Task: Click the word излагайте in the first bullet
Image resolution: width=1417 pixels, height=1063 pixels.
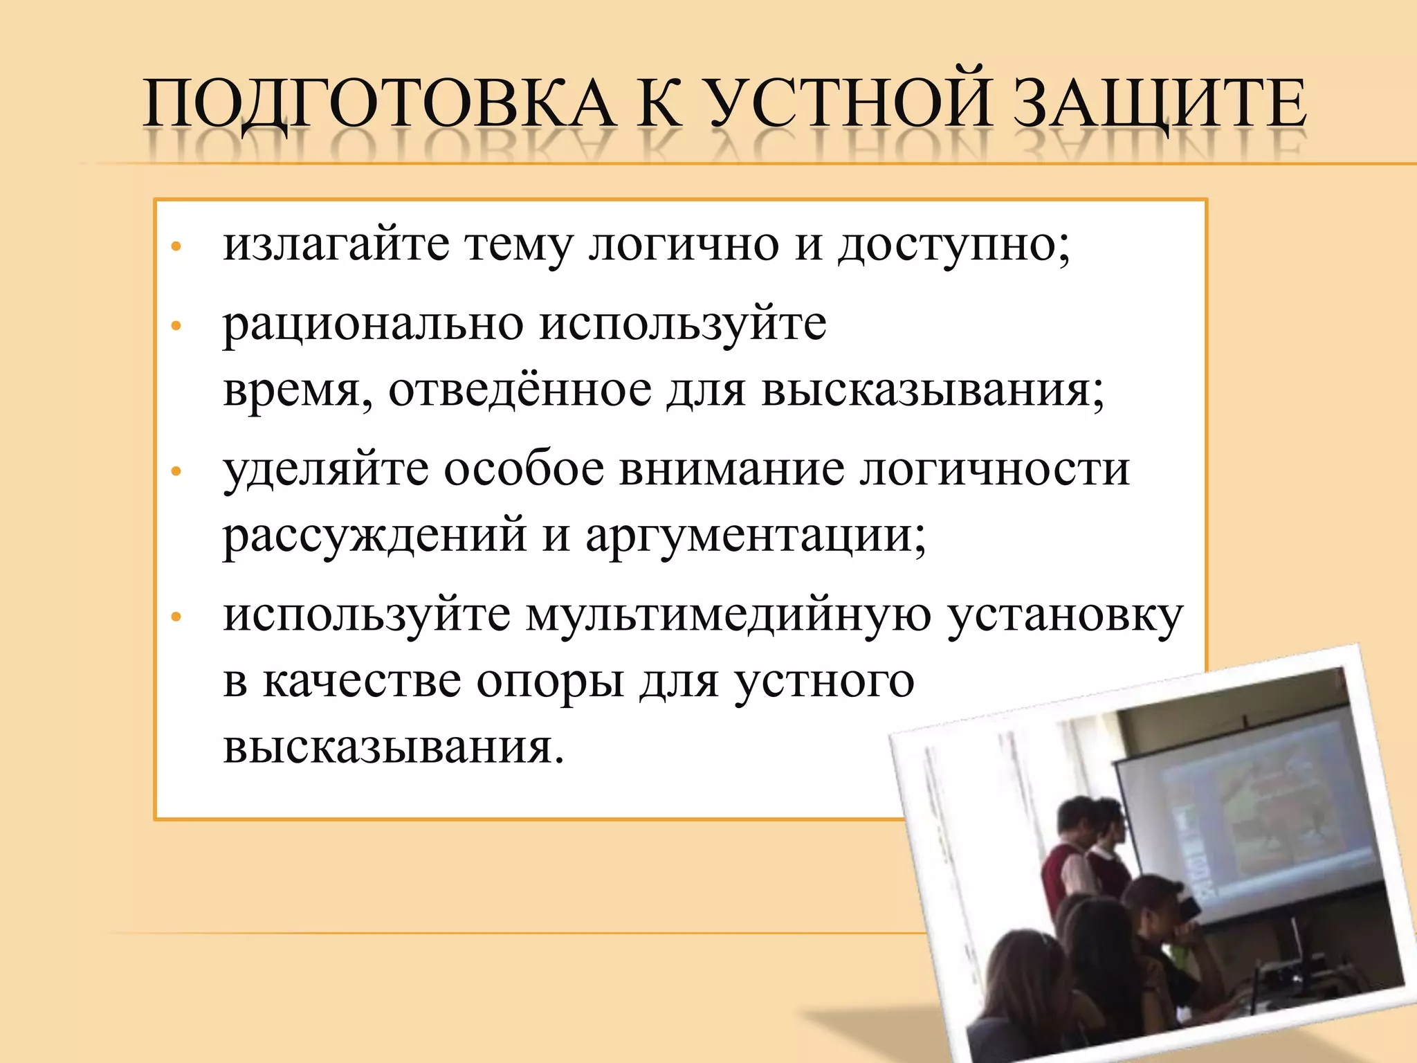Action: (336, 245)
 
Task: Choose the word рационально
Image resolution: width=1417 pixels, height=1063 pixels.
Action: (373, 325)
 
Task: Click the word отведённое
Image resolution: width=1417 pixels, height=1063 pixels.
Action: (520, 390)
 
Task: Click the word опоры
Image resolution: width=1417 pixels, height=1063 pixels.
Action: (550, 682)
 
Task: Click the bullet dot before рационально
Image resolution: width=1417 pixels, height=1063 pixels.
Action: (176, 325)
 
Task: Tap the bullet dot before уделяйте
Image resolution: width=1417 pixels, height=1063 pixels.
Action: (176, 472)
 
